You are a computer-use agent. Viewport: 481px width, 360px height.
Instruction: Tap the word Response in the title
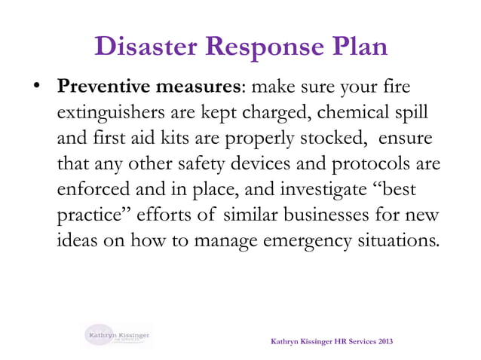point(259,47)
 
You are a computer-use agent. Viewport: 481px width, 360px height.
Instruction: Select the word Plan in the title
point(357,47)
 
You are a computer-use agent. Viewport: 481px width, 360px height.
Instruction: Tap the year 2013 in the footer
point(381,343)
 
